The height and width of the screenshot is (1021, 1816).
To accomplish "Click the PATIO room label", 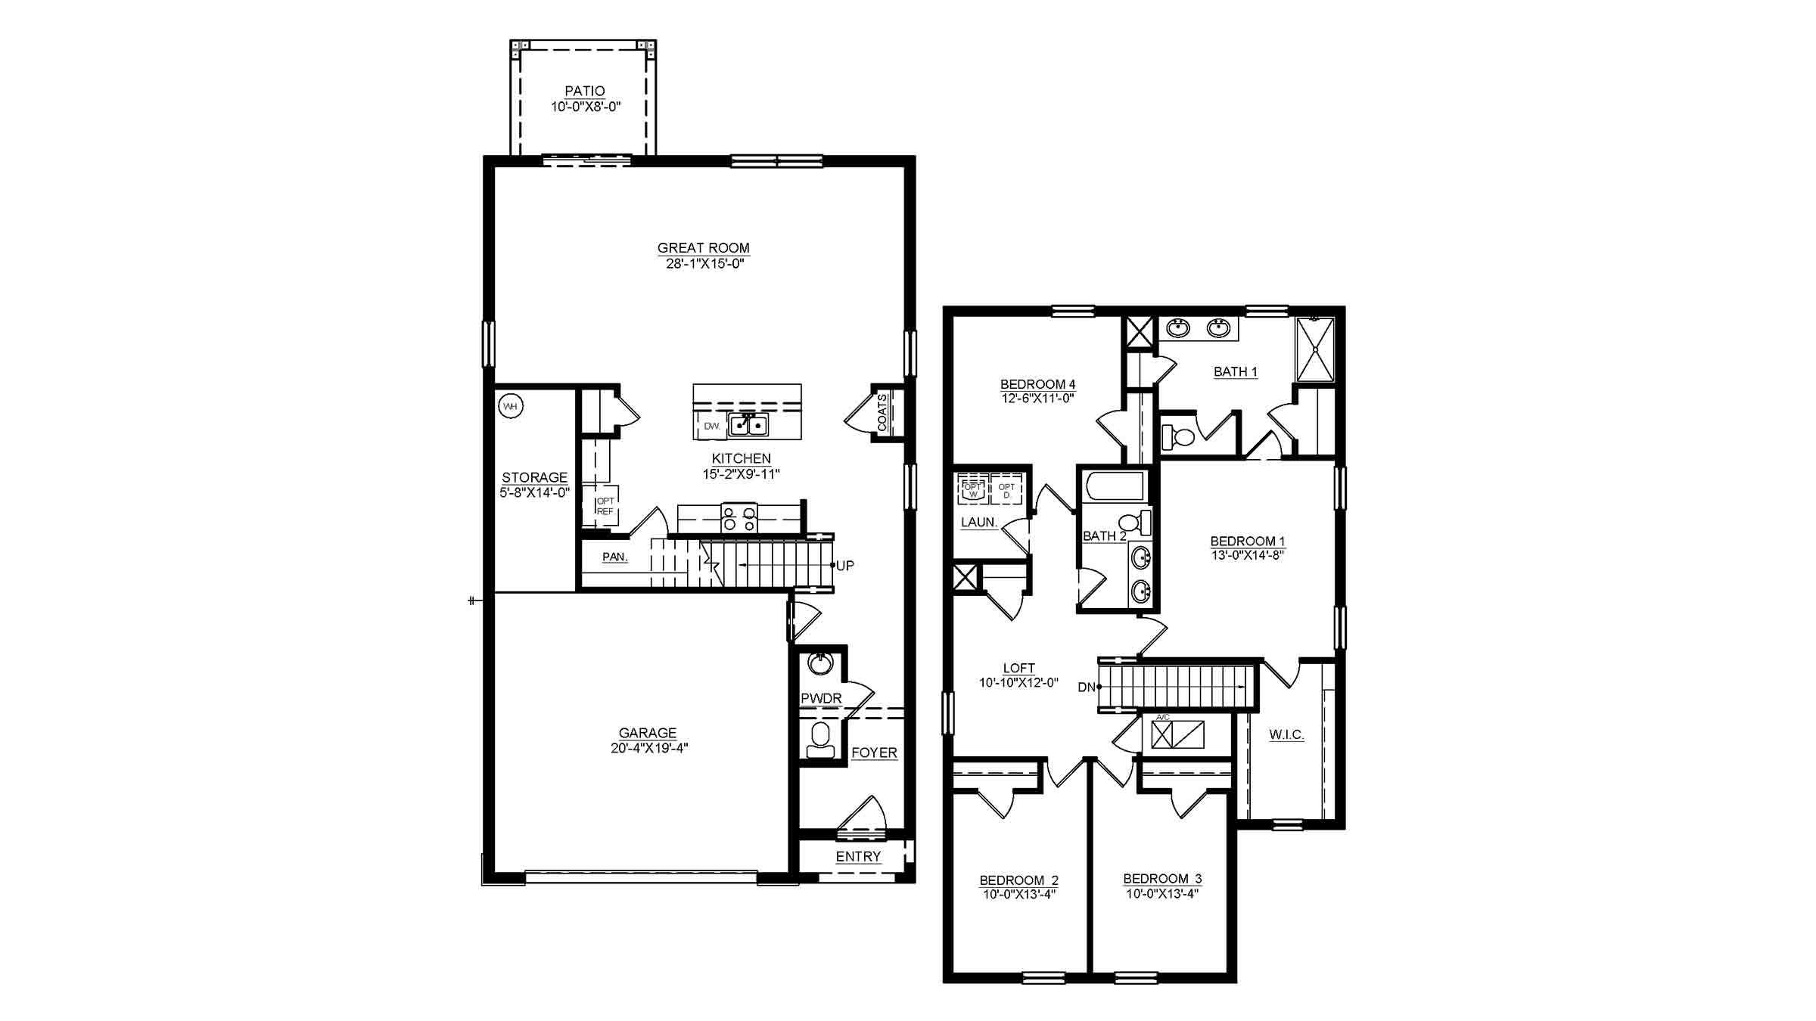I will tap(585, 92).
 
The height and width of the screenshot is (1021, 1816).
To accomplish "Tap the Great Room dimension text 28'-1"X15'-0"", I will tap(703, 264).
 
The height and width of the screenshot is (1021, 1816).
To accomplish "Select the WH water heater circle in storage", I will tap(511, 406).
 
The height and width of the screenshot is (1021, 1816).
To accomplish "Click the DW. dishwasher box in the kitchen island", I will tap(712, 427).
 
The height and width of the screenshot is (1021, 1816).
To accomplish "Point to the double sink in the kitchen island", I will tap(748, 426).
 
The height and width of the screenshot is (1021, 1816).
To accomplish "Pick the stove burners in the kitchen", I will tap(739, 518).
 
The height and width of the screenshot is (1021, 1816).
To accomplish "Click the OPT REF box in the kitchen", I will tap(605, 506).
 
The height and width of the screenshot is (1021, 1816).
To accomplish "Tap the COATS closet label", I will tap(883, 413).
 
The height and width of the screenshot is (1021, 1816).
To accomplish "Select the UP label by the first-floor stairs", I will tap(844, 566).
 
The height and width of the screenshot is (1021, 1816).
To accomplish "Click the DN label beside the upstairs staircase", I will tap(1087, 687).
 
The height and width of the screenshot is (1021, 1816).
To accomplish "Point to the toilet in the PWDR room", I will tap(819, 739).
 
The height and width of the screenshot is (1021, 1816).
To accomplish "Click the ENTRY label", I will tap(858, 856).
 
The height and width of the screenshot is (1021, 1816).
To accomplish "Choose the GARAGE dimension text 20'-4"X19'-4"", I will tap(647, 749).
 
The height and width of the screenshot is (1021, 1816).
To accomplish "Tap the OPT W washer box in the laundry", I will tap(973, 489).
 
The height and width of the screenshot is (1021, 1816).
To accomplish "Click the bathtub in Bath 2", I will tap(1113, 486).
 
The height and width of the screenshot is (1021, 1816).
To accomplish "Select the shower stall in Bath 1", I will tap(1315, 349).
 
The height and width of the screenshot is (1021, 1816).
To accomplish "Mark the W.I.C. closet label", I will tap(1286, 734).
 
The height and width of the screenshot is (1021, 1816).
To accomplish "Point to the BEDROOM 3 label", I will tap(1162, 879).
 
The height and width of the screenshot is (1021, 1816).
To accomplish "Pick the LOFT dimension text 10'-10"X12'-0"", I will tap(1018, 683).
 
